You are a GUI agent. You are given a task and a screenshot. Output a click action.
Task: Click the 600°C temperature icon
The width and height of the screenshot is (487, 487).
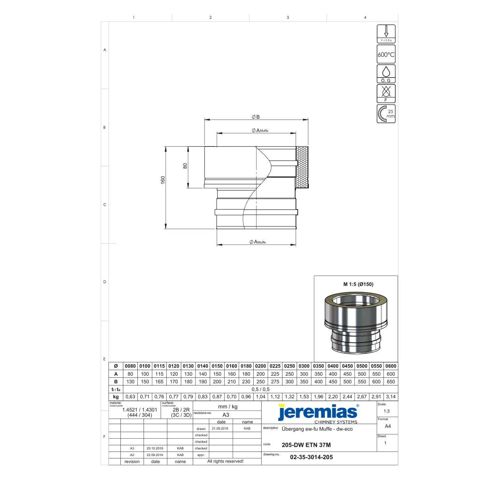click(x=386, y=54)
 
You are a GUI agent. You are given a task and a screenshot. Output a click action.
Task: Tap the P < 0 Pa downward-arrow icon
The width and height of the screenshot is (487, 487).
click(x=386, y=34)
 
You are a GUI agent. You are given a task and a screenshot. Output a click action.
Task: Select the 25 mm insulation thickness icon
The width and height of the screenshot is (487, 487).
click(x=386, y=114)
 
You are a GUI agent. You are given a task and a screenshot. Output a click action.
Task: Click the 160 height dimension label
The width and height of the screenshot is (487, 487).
click(x=163, y=180)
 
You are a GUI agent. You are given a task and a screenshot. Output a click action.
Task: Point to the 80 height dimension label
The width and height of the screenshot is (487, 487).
click(x=185, y=166)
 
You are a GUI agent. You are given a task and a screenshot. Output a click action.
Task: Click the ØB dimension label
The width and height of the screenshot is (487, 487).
click(x=256, y=117)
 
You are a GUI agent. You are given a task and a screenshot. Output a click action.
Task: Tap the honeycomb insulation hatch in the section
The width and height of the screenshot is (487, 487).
click(x=302, y=167)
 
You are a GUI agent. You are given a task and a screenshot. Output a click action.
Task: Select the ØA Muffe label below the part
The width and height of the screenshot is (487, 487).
click(x=257, y=242)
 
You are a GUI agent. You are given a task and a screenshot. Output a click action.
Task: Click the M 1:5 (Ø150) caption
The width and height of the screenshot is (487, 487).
click(x=358, y=284)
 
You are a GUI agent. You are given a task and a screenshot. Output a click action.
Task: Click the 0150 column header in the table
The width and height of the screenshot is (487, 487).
click(x=217, y=366)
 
